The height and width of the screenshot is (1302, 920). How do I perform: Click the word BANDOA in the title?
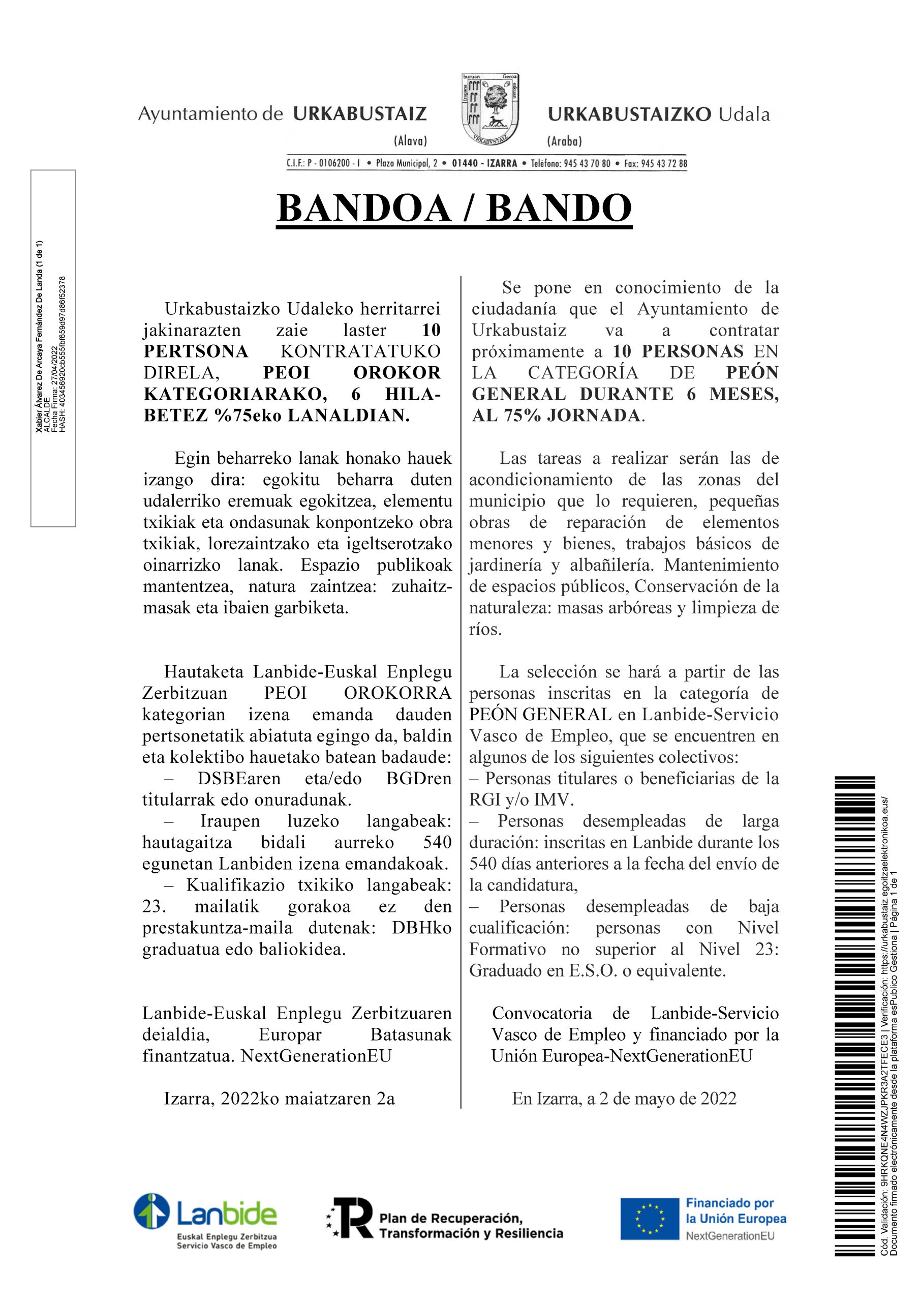pos(362,208)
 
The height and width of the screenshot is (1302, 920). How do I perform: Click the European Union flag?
pos(649,1218)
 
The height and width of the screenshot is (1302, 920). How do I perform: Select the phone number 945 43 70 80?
pos(587,163)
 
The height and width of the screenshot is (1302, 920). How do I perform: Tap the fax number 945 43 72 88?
pos(664,163)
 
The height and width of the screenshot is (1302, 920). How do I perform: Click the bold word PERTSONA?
pos(196,351)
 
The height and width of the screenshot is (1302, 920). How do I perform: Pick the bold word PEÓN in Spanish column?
pos(753,373)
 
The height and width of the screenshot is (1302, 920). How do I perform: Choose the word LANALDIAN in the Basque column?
pos(348,416)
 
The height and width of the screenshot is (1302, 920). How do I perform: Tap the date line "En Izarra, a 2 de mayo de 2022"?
pos(624,1099)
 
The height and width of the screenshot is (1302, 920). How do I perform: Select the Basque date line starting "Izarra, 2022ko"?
pos(280,1099)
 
